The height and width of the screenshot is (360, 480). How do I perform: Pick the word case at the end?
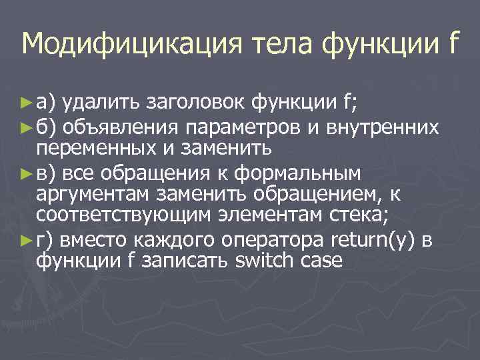tap(322, 261)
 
